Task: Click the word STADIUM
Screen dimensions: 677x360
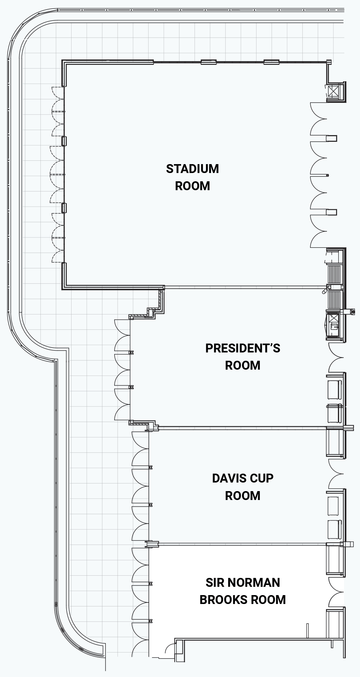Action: (x=192, y=169)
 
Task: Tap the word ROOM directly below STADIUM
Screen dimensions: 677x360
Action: (x=192, y=186)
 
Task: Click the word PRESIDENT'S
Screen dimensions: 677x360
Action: (x=242, y=348)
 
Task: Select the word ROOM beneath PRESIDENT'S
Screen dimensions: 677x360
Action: (x=242, y=365)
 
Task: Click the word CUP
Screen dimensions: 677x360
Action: (x=261, y=478)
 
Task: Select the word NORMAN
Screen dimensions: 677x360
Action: (x=252, y=583)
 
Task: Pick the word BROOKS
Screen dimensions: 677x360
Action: (x=224, y=600)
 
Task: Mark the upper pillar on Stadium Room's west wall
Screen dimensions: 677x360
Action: (x=64, y=141)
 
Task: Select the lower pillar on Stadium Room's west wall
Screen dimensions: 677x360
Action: (x=64, y=208)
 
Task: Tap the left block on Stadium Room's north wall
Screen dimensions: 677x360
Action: (x=209, y=62)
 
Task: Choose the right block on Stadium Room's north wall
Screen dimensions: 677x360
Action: (x=272, y=62)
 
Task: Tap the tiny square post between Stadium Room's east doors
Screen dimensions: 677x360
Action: (x=327, y=175)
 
